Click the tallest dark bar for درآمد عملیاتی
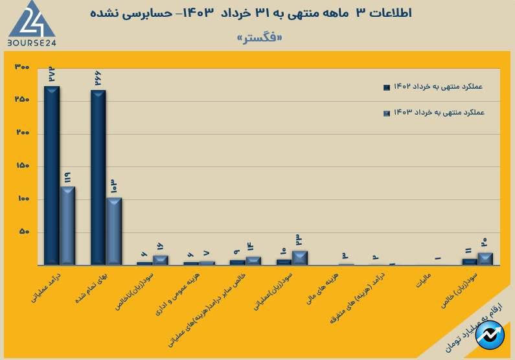pos(52,175)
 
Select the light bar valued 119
pos(67,225)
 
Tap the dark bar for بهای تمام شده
pos(98,177)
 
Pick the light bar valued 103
pos(114,231)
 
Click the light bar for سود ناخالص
pos(161,260)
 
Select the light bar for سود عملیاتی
pos(300,258)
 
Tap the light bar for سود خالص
pos(486,258)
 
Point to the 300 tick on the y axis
pos(22,67)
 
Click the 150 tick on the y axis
pos(22,166)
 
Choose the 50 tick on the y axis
pos(23,232)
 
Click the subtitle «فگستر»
pos(260,38)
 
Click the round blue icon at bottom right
pos(492,336)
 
